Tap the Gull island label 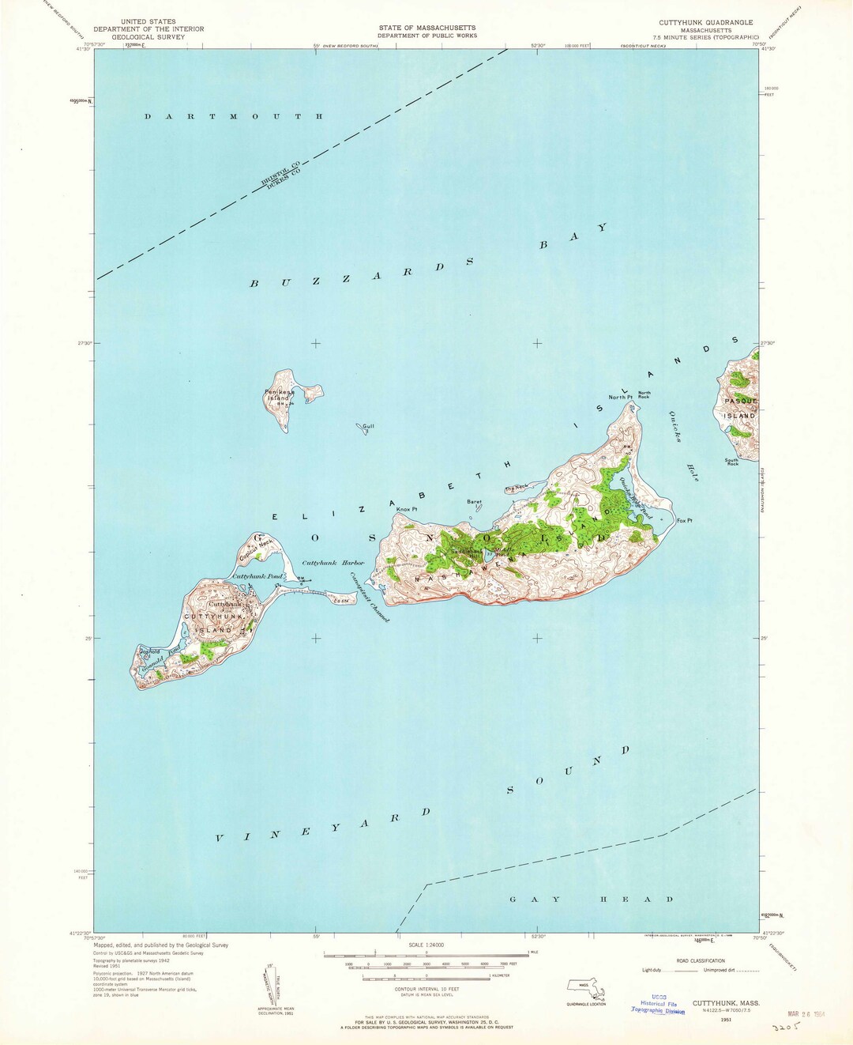point(368,426)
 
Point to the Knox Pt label point(406,509)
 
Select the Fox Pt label point(685,520)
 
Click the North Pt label point(621,397)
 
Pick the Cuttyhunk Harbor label point(333,563)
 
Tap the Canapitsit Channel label point(370,597)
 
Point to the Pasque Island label point(740,408)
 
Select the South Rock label point(732,462)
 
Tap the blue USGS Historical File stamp point(658,1004)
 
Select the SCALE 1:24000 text point(426,945)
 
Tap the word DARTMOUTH point(233,117)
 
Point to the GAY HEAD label point(592,900)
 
